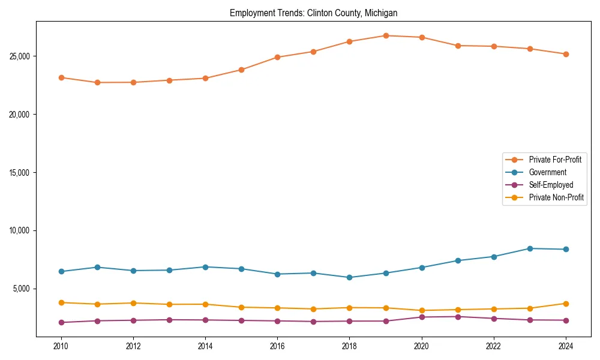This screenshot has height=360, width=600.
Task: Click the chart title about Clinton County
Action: click(313, 13)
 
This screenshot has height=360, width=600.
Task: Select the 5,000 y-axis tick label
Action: click(20, 289)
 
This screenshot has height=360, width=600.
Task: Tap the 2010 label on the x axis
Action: click(61, 346)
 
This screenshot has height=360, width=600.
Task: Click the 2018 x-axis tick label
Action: click(349, 346)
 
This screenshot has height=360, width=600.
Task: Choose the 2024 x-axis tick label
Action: click(566, 346)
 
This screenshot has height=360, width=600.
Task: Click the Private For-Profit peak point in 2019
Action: click(386, 35)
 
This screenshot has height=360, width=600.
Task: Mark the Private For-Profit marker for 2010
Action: click(61, 77)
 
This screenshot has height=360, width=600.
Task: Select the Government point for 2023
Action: click(530, 248)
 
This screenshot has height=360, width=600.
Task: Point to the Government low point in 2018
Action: click(349, 277)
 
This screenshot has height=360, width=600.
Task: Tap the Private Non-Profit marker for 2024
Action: click(566, 304)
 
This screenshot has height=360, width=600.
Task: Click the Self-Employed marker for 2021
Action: click(458, 316)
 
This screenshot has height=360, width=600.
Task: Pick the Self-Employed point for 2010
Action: click(61, 322)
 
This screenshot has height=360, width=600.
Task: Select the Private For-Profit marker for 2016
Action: click(277, 57)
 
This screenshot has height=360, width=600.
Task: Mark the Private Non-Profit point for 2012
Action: click(133, 303)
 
